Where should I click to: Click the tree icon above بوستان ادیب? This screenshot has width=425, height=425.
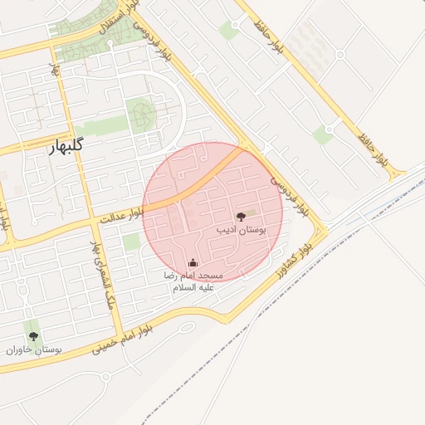tap(241, 216)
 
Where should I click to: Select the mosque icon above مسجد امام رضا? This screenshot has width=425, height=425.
tap(193, 263)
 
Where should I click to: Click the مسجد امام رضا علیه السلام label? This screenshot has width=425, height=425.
tap(193, 281)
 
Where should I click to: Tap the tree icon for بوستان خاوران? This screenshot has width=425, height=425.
tap(33, 336)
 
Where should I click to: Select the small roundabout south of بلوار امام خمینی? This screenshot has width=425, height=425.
tap(105, 376)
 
